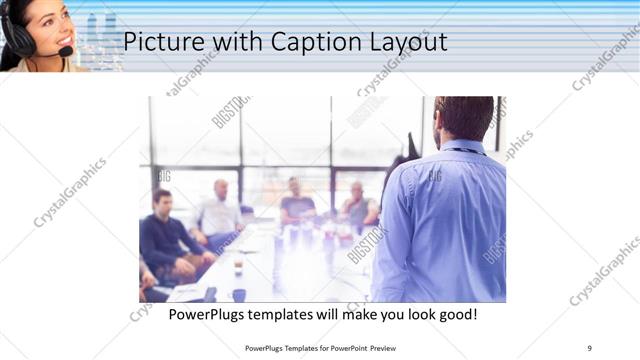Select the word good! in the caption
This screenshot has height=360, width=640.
click(x=456, y=314)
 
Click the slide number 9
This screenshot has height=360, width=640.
click(x=589, y=347)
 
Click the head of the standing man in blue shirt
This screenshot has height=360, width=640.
click(x=463, y=118)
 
